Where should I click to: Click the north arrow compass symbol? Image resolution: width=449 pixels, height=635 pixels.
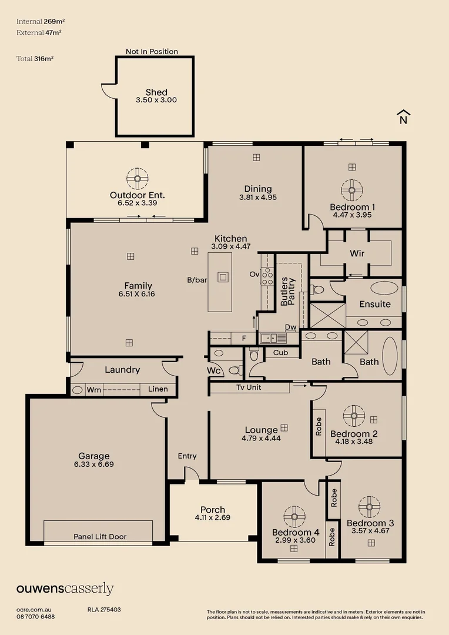[403, 117]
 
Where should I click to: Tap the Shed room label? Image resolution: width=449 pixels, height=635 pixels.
[156, 92]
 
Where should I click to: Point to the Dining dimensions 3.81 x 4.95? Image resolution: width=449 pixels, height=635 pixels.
[258, 198]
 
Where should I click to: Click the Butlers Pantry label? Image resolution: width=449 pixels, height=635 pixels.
[288, 290]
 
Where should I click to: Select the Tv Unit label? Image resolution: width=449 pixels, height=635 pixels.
[249, 387]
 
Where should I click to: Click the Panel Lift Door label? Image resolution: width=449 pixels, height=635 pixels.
[100, 537]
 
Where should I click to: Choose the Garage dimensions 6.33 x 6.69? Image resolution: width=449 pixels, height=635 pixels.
[94, 464]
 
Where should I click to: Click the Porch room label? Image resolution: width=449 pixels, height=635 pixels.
[213, 510]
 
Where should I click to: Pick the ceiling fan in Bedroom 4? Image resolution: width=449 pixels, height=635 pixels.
[294, 517]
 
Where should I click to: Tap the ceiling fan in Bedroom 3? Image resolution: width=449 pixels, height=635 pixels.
[370, 506]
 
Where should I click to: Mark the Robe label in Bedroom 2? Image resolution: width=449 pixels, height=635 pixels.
[319, 426]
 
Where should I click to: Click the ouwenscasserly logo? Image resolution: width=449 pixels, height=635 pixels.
[65, 589]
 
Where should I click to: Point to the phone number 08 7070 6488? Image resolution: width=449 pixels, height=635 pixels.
[36, 616]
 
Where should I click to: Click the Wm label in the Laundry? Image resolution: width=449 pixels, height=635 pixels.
[94, 389]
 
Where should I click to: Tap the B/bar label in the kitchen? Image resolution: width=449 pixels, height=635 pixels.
[197, 280]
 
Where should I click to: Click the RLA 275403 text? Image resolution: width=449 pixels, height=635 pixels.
[104, 610]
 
